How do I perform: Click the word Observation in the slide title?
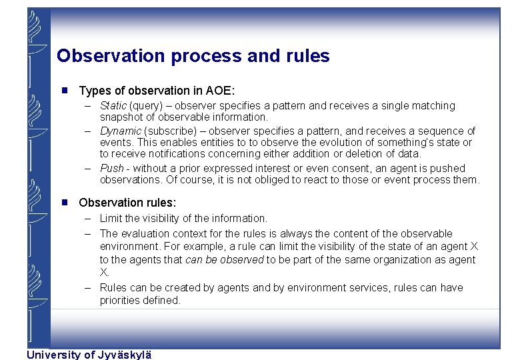(x=111, y=56)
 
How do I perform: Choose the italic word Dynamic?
(x=121, y=131)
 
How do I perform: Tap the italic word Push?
(x=111, y=168)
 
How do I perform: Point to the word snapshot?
(x=121, y=117)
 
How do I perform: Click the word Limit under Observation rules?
(x=111, y=218)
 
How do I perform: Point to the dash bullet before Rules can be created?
(x=87, y=288)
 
